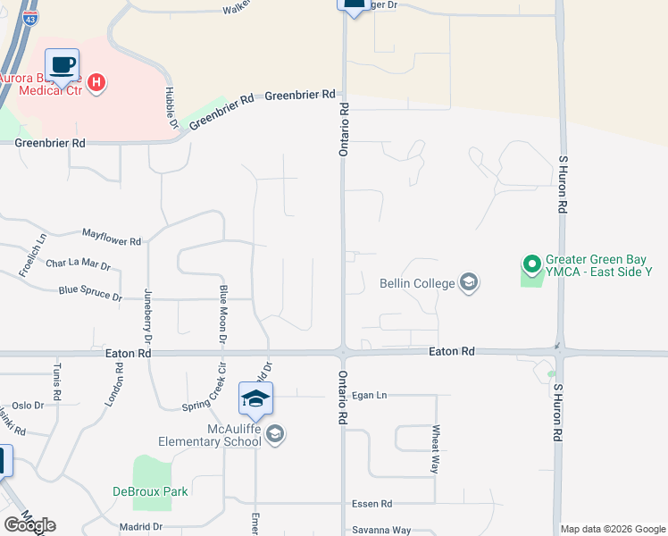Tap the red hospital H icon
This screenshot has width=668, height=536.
coord(98,83)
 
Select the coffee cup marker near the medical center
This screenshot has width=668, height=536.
coord(62,65)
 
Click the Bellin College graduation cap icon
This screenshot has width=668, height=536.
coord(467,284)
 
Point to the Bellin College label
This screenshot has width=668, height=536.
coord(417,284)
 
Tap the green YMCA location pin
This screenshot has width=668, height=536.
coord(531,264)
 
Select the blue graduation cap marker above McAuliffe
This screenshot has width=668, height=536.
coord(255,398)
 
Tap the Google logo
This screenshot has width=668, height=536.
coord(29,525)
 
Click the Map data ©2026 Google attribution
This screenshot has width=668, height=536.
coord(614,529)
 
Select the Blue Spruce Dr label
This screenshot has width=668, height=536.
coord(89,291)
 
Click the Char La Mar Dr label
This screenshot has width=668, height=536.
coord(78,265)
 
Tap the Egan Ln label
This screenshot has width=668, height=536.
coord(369,395)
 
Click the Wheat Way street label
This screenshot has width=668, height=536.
coord(436,448)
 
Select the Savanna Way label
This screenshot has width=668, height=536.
coord(381,531)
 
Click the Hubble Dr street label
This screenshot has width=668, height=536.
coord(168,107)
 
